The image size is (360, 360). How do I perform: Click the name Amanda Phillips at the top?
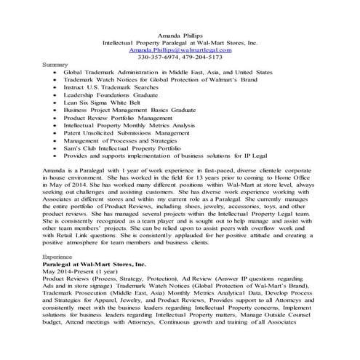tap(180, 34)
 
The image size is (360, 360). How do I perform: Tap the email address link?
tap(180, 49)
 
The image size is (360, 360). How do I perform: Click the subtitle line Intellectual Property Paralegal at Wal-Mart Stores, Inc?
tap(180, 42)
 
